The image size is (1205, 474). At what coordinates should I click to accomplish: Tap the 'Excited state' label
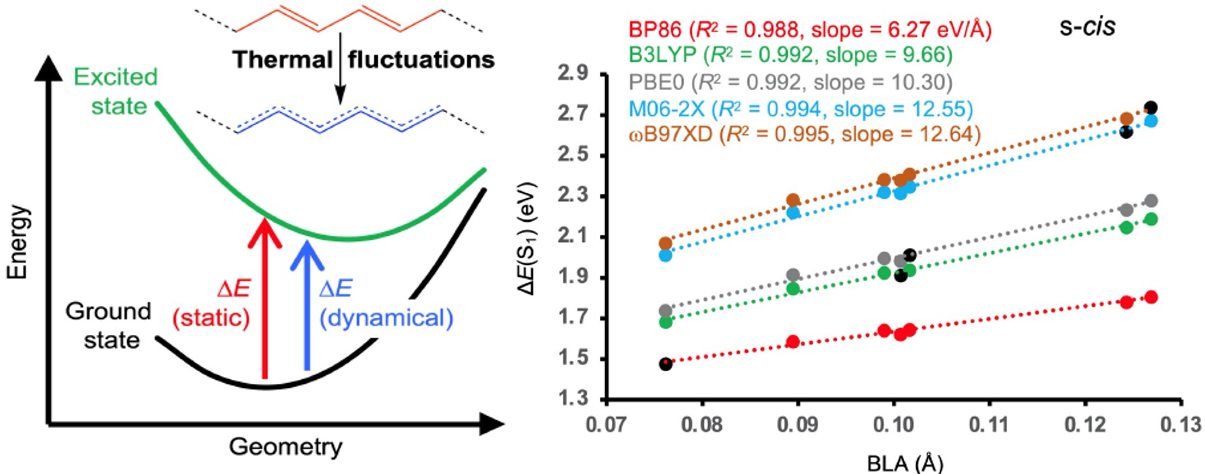tap(116, 91)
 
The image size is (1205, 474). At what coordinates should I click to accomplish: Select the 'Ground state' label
tap(109, 325)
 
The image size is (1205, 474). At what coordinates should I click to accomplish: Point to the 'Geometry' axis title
tap(285, 446)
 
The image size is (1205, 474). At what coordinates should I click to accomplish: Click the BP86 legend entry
tap(810, 30)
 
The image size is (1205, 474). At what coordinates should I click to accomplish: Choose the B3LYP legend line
tap(791, 55)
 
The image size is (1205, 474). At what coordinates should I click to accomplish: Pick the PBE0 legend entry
tap(791, 82)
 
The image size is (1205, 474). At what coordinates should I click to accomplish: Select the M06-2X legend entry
tap(801, 108)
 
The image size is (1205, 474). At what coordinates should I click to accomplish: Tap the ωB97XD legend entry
tap(804, 134)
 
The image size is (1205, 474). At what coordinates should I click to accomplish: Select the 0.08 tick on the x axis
tap(702, 425)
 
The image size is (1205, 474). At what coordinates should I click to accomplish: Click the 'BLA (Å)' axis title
tap(905, 463)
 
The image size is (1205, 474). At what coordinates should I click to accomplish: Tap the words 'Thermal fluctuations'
tap(364, 60)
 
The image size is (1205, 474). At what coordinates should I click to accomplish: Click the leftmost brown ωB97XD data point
tap(666, 243)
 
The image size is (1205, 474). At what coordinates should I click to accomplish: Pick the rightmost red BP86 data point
tap(1151, 297)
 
